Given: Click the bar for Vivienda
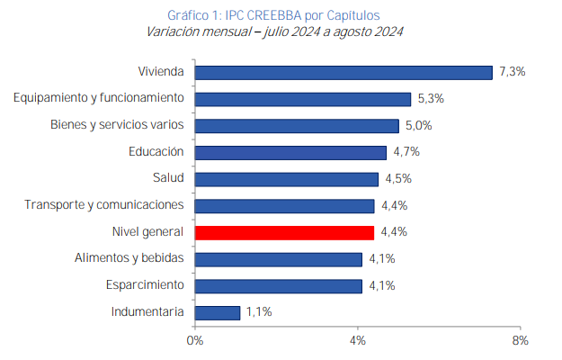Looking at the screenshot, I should (343, 72).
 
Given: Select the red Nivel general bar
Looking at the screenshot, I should (284, 232).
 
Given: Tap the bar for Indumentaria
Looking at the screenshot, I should (218, 312).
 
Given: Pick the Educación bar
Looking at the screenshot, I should (290, 152).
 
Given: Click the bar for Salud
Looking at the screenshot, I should (287, 179).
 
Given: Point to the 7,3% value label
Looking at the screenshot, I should (512, 72).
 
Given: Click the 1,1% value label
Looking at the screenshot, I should (259, 312).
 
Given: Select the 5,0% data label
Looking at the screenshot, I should (418, 125).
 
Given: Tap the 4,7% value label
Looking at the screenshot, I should (406, 152).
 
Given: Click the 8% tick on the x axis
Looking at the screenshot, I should (520, 340).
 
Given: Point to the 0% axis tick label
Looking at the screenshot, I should (194, 340).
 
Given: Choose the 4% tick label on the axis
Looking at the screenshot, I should (357, 340).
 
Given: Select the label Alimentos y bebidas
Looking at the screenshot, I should (129, 258).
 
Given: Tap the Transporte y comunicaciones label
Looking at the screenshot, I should (104, 205).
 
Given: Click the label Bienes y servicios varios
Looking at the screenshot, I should (117, 125).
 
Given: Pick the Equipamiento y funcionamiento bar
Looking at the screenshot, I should (303, 99).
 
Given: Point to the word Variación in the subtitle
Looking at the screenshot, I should (174, 32).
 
